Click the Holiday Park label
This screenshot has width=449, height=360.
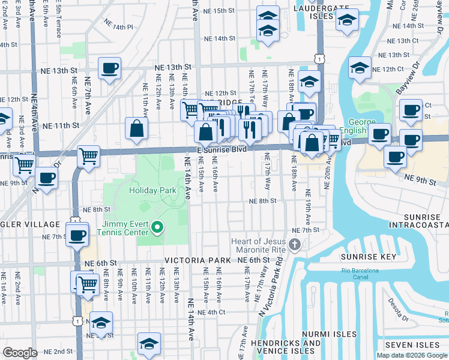(x=152, y=191)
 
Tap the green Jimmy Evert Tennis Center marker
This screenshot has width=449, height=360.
(x=157, y=227)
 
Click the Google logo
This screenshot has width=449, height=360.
(x=20, y=353)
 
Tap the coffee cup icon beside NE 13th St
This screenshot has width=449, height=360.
(x=109, y=68)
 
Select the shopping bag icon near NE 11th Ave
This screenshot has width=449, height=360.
(x=137, y=127)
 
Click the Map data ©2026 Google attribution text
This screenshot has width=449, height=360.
(x=411, y=355)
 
